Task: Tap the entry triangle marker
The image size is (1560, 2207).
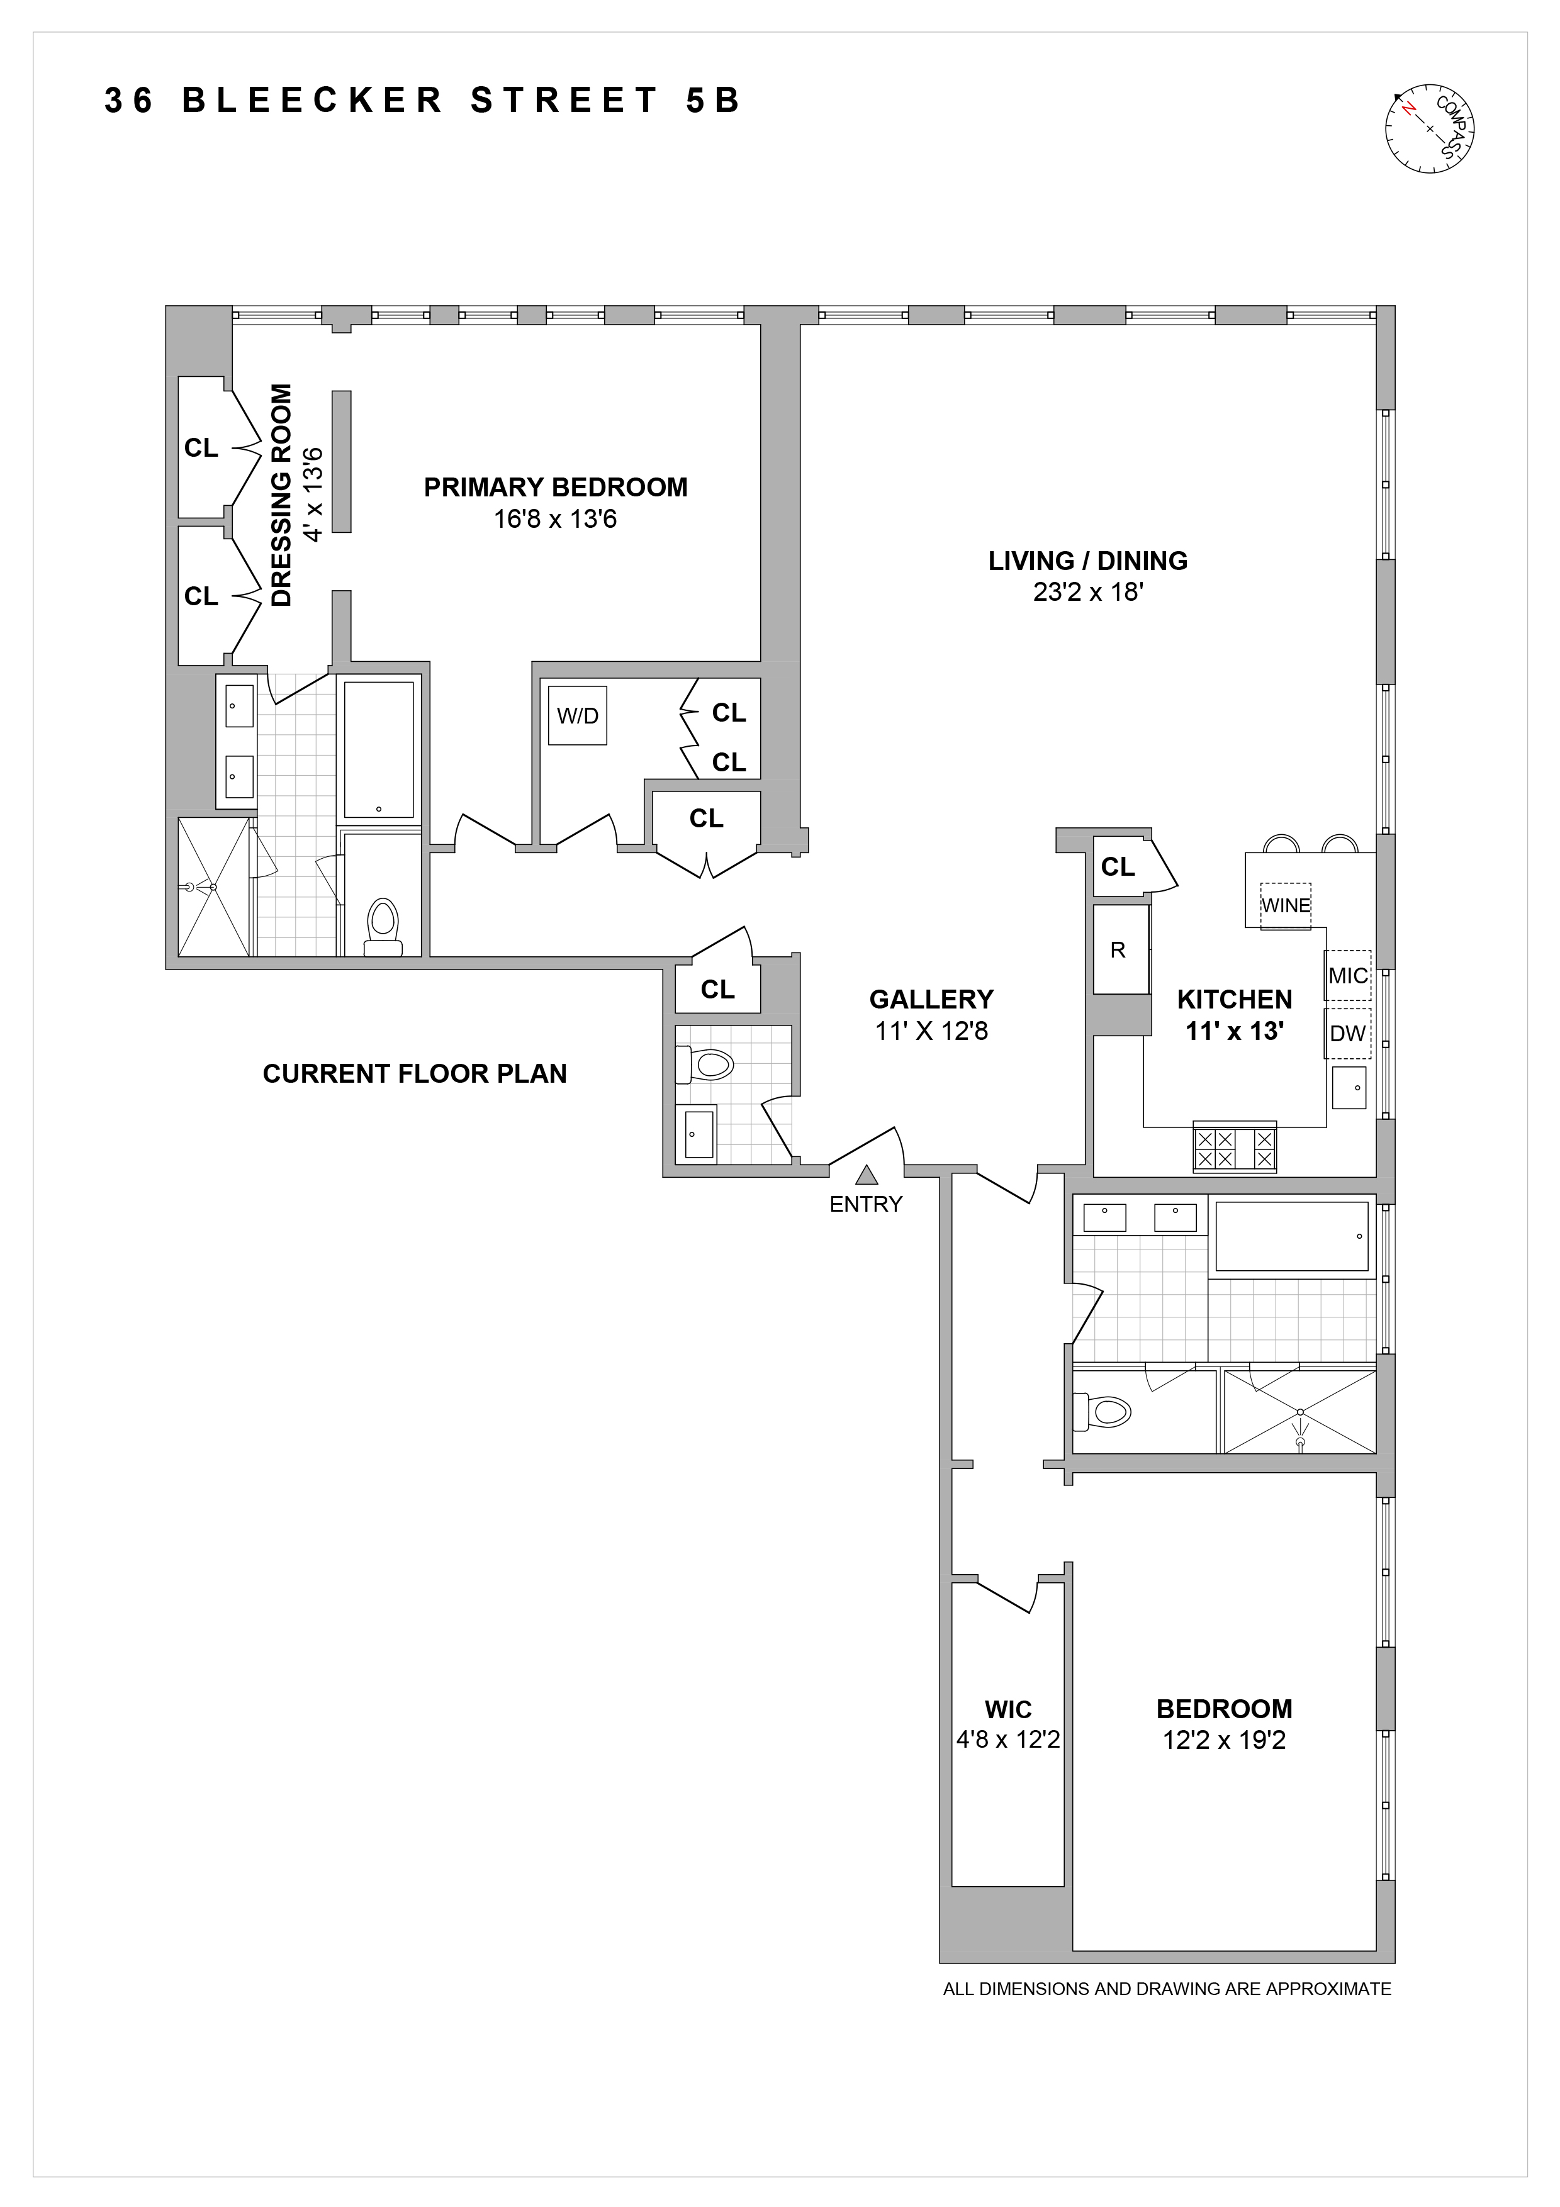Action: tap(866, 1175)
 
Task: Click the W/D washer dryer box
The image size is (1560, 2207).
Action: tap(578, 715)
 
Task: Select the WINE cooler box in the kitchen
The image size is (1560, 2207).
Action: tap(1285, 905)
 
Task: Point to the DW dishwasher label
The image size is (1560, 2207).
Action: tap(1347, 1033)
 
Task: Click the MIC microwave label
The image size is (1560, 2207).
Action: tap(1347, 976)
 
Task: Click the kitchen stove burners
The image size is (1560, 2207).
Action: tap(1234, 1147)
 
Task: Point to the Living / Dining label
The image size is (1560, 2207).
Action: tap(1087, 561)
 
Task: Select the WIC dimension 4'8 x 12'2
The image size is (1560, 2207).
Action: tap(1007, 1739)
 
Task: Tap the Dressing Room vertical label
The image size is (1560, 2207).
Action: tap(282, 495)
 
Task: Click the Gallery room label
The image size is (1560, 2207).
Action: tap(931, 1000)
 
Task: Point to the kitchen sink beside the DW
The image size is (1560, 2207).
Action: tap(1349, 1087)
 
